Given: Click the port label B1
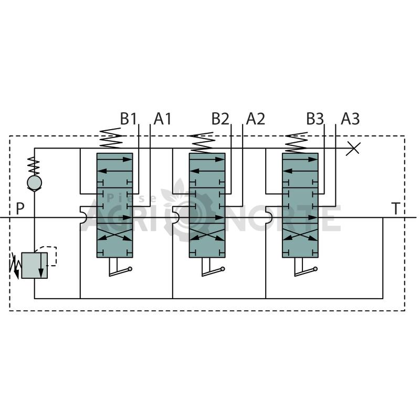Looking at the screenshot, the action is pyautogui.click(x=128, y=119).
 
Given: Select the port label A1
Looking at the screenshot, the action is pyautogui.click(x=162, y=119).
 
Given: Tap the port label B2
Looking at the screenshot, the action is pyautogui.click(x=220, y=119).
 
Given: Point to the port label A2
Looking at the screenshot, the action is pyautogui.click(x=256, y=119).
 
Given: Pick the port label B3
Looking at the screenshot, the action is pyautogui.click(x=315, y=119).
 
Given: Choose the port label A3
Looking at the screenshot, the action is pyautogui.click(x=350, y=119).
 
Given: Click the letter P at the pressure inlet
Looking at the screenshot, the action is pyautogui.click(x=20, y=208).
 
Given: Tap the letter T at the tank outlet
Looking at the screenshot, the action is pyautogui.click(x=396, y=208).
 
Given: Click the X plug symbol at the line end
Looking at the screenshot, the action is pyautogui.click(x=353, y=149).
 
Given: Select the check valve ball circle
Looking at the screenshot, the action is pyautogui.click(x=34, y=182).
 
